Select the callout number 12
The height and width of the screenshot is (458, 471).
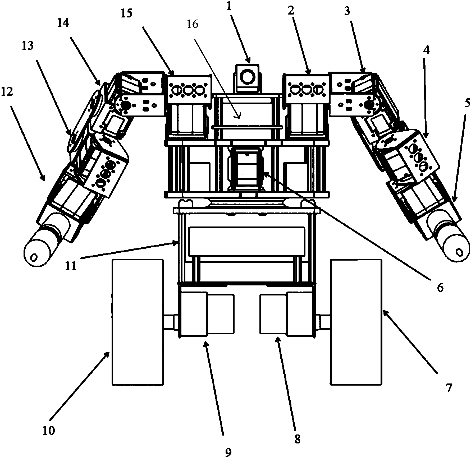pyautogui.click(x=7, y=92)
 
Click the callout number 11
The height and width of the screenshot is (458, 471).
pyautogui.click(x=71, y=266)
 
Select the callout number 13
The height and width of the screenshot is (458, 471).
pyautogui.click(x=28, y=46)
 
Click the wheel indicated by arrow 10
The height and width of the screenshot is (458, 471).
pyautogui.click(x=138, y=322)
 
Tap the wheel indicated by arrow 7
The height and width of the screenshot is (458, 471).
pyautogui.click(x=356, y=322)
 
